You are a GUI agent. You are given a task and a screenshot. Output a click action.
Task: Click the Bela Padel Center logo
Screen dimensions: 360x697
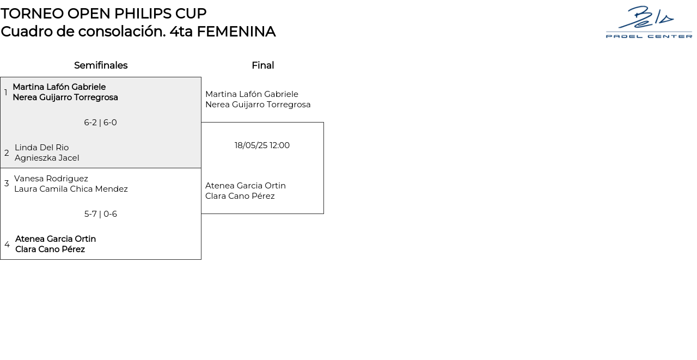pos(649,22)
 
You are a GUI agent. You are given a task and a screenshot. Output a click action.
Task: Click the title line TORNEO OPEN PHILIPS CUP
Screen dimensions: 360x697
pos(103,14)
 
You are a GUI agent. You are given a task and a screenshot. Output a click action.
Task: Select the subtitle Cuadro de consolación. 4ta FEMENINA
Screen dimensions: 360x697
pos(138,32)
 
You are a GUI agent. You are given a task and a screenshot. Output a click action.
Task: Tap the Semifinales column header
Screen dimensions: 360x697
pos(101,65)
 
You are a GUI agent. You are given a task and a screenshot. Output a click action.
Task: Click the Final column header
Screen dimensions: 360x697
pos(262,65)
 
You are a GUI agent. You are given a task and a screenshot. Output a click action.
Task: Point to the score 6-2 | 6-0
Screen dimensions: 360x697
pos(100,123)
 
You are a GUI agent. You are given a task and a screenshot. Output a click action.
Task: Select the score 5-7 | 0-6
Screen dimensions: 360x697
pos(100,214)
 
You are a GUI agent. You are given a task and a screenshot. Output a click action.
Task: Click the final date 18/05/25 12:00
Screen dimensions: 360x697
pos(262,145)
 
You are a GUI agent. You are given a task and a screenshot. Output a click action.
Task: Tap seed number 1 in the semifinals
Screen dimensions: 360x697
pos(6,92)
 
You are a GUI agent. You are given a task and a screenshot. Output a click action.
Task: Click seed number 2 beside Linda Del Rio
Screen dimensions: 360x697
pos(7,153)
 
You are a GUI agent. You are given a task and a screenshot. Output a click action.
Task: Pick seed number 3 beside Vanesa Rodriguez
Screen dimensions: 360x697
pos(7,184)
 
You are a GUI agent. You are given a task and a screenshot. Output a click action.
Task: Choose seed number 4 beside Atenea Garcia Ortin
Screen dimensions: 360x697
pos(7,245)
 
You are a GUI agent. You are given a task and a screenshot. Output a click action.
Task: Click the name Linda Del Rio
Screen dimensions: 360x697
pos(41,148)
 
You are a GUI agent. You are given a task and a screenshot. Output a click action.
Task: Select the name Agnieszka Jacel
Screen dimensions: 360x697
pos(47,158)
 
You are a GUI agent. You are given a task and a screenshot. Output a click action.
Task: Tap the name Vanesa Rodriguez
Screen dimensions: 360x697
pos(51,179)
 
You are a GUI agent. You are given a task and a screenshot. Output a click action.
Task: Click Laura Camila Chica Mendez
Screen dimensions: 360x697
pos(71,189)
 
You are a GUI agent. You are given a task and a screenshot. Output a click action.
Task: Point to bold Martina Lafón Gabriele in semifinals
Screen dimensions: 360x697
pos(59,87)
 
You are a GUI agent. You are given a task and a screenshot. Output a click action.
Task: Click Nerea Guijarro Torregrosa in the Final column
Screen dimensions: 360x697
pos(258,105)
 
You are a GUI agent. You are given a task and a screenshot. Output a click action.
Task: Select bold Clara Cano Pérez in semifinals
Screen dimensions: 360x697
pos(50,249)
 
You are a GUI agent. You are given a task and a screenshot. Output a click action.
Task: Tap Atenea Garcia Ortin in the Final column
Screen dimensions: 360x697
pos(246,186)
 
